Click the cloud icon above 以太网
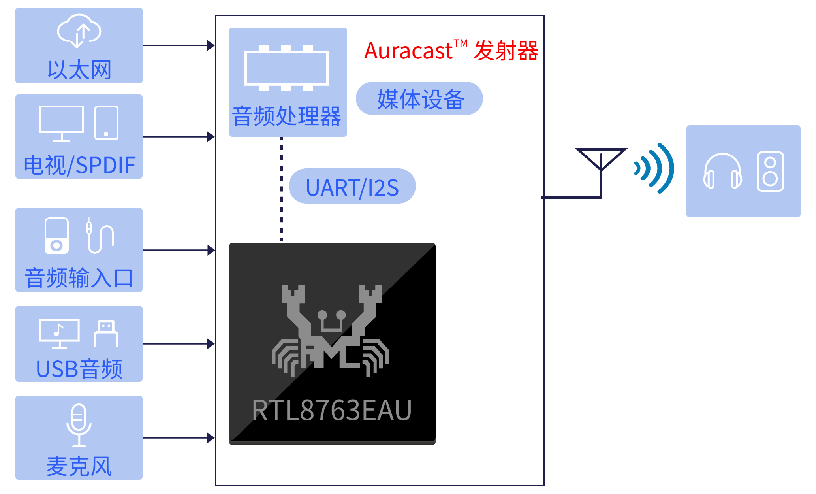(79, 31)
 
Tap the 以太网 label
(79, 70)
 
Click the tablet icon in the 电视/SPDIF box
(107, 123)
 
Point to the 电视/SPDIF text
(79, 165)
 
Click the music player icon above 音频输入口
(56, 236)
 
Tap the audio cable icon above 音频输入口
(100, 235)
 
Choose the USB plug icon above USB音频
(106, 334)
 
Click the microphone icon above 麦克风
(79, 425)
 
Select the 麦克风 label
(79, 466)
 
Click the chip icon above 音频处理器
(286, 68)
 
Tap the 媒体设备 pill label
(419, 98)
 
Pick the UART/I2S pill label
(352, 186)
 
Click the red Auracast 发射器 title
(451, 51)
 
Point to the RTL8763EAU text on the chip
(332, 410)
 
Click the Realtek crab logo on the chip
(331, 331)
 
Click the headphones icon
(723, 171)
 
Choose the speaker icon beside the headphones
(770, 172)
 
